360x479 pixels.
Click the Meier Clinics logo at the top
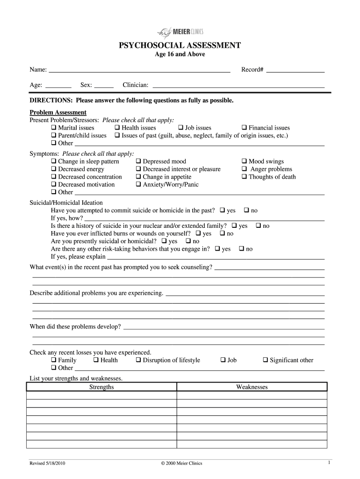[180, 32]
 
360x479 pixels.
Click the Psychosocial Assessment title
[180, 45]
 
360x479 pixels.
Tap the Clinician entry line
[238, 85]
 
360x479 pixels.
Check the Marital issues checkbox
[54, 128]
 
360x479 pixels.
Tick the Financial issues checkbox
[245, 128]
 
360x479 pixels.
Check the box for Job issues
[181, 128]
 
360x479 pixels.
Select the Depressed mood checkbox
[139, 161]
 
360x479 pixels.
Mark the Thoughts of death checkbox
[245, 177]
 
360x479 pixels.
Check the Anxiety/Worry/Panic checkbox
[139, 184]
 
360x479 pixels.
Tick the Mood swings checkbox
[245, 161]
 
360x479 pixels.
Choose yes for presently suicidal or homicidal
[164, 241]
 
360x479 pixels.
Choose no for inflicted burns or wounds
[223, 233]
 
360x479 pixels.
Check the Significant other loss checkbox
[266, 360]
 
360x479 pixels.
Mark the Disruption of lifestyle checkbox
[139, 360]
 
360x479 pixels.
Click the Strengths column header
[101, 387]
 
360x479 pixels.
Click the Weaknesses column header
[252, 387]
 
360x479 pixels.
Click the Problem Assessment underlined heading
[58, 112]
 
